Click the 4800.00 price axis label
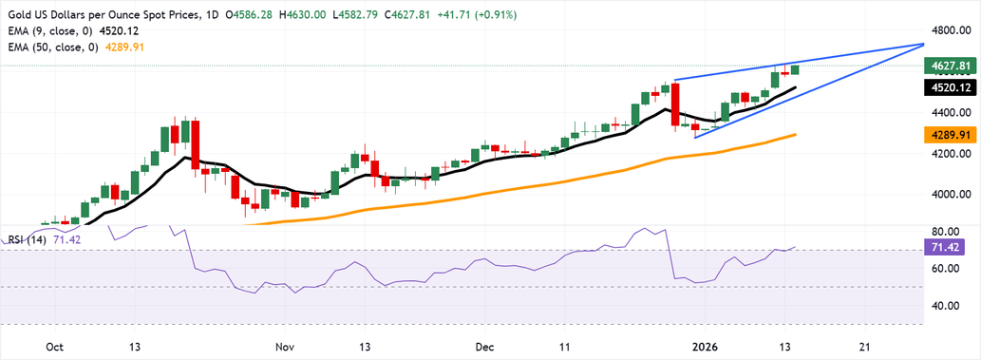[x=953, y=29]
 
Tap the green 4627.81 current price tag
[x=953, y=66]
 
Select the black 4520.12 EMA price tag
[x=953, y=87]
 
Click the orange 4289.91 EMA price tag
[x=953, y=136]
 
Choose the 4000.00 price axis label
[x=953, y=195]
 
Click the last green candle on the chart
[x=796, y=69]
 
